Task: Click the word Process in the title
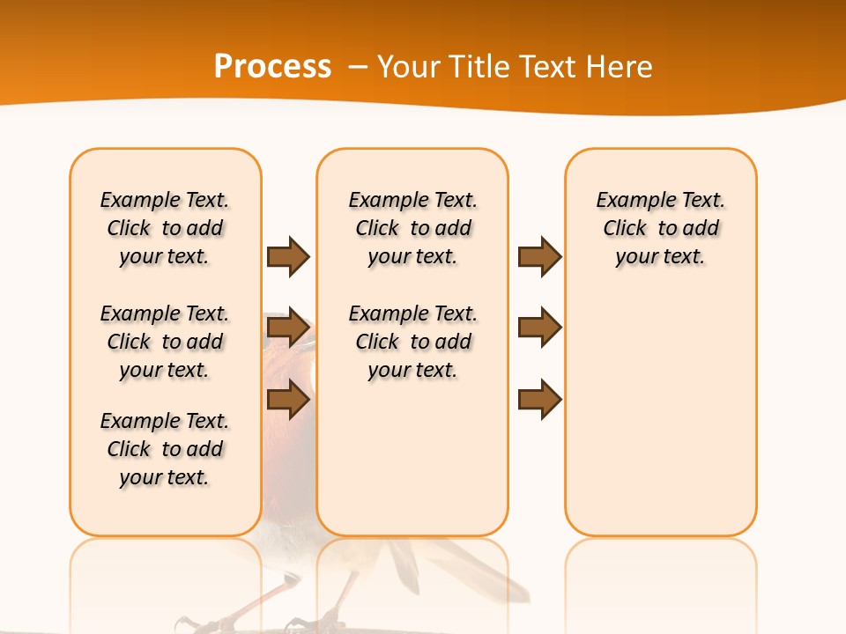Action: tap(272, 66)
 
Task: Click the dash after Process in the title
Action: tap(358, 67)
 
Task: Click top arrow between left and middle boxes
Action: tap(288, 256)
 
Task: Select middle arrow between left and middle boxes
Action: tap(288, 328)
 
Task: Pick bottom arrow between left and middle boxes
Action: tap(288, 400)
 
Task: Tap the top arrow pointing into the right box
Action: tap(539, 256)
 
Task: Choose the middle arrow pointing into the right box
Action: tap(539, 328)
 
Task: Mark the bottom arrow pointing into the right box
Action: tap(539, 400)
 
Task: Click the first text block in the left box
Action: tap(165, 228)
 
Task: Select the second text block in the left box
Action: tap(165, 342)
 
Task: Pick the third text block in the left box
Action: tap(165, 449)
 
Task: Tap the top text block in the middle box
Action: tap(412, 228)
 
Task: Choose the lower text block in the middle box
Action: tap(412, 342)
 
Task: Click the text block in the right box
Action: tap(660, 228)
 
